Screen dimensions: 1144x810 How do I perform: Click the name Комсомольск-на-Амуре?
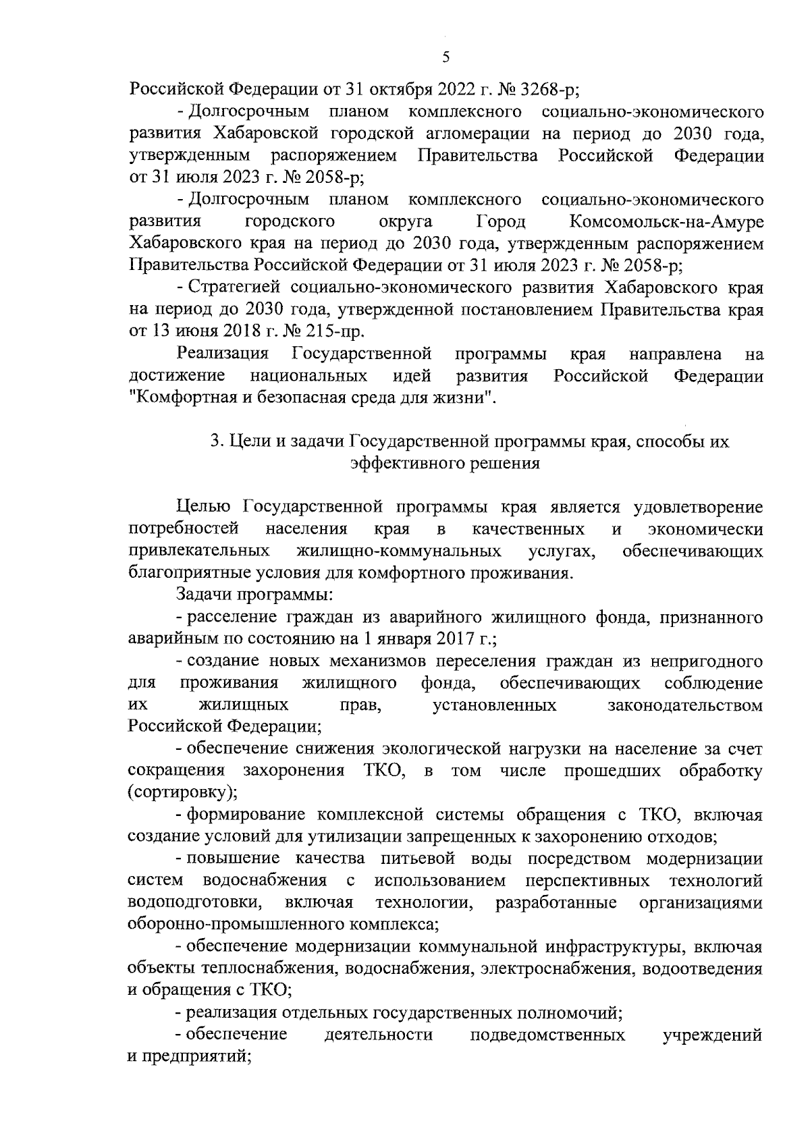[x=667, y=222]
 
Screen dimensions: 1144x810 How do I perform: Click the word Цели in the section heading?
[x=244, y=442]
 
